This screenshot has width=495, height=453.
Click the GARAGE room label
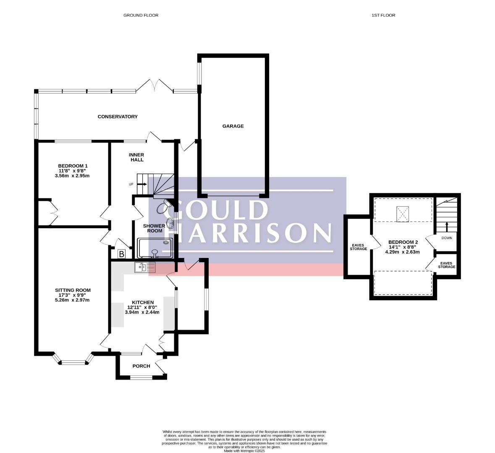[233, 126]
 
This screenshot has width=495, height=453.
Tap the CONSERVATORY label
[118, 117]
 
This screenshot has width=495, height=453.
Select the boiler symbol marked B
[121, 254]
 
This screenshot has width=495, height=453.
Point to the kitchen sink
[145, 267]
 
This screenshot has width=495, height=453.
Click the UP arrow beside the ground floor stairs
[142, 184]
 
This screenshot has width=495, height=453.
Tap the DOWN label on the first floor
[447, 238]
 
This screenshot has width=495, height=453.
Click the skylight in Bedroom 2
[403, 214]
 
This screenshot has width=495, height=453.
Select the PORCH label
[141, 366]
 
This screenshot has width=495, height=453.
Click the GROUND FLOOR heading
[141, 15]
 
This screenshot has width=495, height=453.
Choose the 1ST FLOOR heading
[383, 15]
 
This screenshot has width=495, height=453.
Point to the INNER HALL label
[136, 157]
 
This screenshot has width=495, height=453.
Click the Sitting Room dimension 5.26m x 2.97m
[72, 300]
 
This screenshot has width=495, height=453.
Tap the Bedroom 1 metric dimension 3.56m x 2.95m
[72, 175]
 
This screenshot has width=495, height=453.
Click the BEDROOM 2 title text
[403, 242]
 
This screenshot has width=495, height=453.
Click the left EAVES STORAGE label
[358, 247]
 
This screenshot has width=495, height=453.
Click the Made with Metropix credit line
[244, 451]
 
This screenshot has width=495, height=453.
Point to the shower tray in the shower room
[155, 248]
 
